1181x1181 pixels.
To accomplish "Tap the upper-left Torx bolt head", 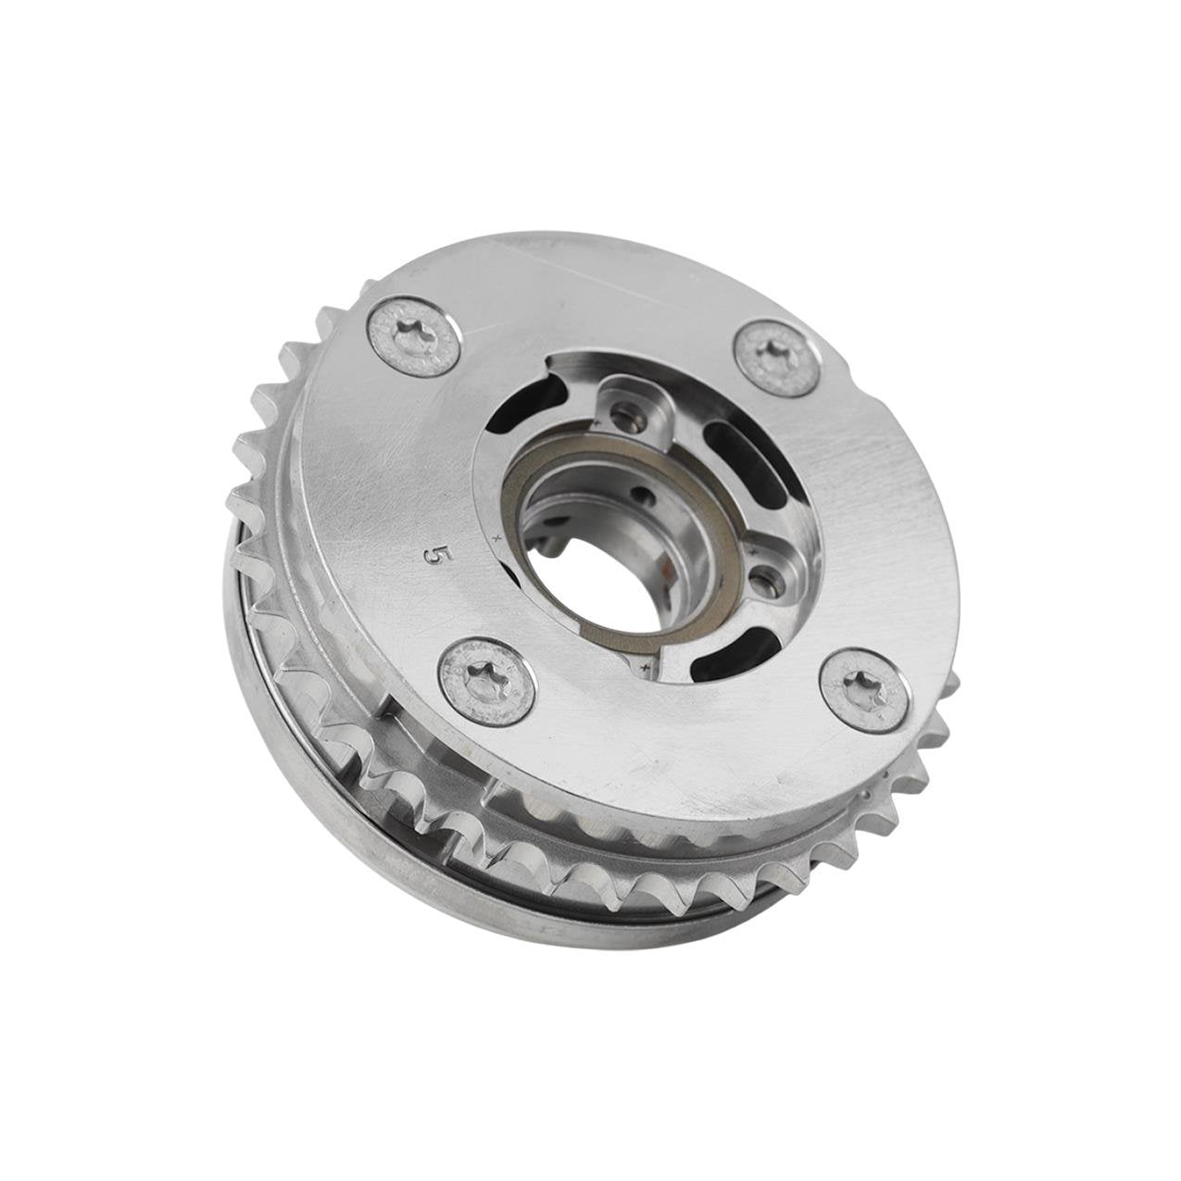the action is pos(418,336).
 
